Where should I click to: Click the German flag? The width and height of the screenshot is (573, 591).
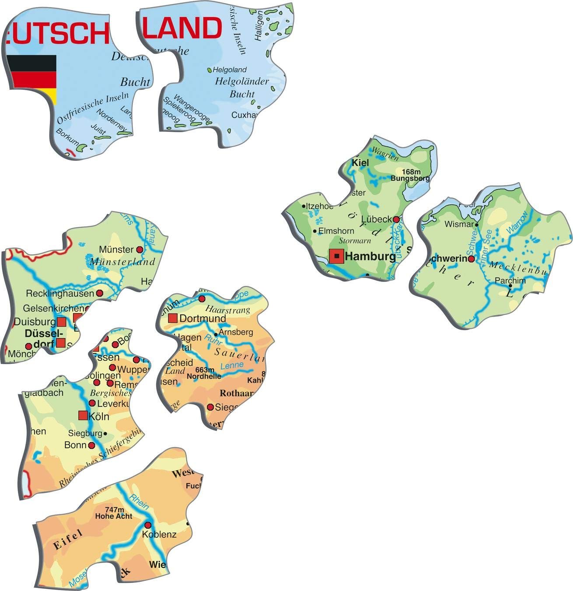pos(33,79)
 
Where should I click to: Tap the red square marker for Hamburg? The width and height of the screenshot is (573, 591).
pos(336,256)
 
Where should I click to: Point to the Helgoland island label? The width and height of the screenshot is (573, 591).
pos(230,70)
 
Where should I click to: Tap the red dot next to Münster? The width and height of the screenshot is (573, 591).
pos(140,250)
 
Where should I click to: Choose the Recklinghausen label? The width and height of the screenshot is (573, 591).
pos(60,293)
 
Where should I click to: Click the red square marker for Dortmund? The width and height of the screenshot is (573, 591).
pos(173,318)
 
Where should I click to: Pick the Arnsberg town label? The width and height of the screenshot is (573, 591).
pos(236,332)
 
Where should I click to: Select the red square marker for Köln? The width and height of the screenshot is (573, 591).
pos(83,415)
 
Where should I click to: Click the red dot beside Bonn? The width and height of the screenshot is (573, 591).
pos(91,445)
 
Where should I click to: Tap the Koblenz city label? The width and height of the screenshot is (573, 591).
pos(159,535)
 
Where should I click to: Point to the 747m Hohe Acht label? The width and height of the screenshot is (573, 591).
pos(114,513)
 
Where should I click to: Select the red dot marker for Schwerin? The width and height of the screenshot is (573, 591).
pos(471,259)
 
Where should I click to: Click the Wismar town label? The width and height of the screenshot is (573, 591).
pos(459,225)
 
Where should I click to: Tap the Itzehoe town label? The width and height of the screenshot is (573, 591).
pos(319,206)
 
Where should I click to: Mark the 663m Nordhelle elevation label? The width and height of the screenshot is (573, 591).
pos(205,373)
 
